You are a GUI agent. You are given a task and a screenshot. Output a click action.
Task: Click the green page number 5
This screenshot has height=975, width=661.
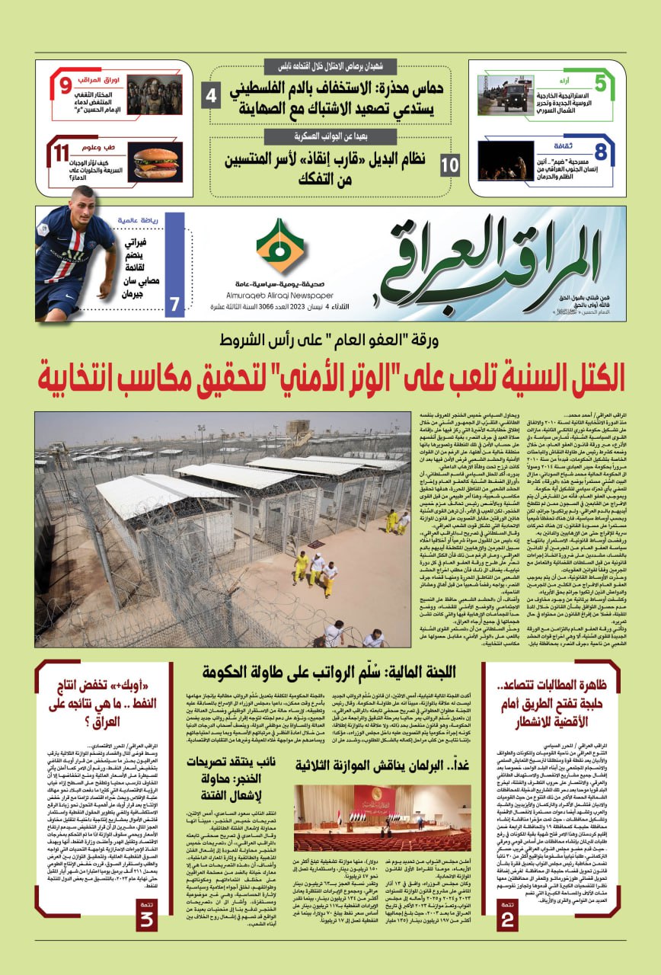pyautogui.click(x=600, y=84)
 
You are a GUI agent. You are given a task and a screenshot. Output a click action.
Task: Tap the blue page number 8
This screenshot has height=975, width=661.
pyautogui.click(x=600, y=151)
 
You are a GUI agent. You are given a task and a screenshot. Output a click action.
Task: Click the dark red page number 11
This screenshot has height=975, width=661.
pyautogui.click(x=62, y=153)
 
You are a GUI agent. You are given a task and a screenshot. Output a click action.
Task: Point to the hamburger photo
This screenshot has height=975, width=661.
pyautogui.click(x=155, y=162)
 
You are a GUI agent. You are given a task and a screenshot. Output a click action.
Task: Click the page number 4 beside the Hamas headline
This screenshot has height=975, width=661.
pyautogui.click(x=212, y=97)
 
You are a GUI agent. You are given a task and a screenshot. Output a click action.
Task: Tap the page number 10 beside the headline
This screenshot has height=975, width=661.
pyautogui.click(x=450, y=163)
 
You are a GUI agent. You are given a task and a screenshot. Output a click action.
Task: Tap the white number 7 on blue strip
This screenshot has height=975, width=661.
pyautogui.click(x=174, y=304)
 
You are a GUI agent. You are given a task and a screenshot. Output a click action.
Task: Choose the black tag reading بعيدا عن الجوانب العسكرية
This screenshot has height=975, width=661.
pyautogui.click(x=330, y=138)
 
